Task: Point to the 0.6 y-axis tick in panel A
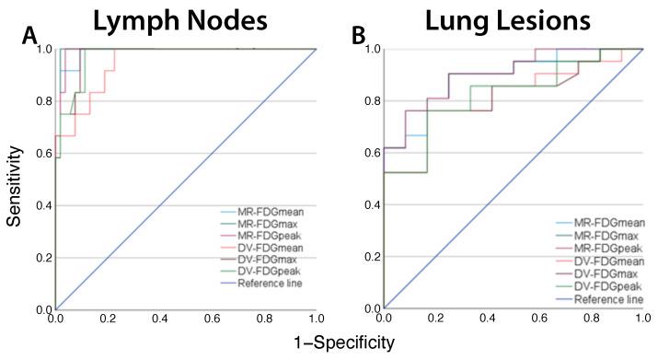click(44, 153)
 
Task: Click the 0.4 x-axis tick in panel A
click(160, 319)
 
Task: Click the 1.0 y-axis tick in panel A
click(44, 49)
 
